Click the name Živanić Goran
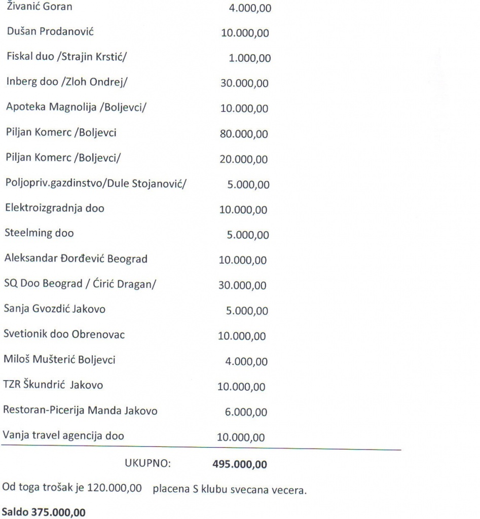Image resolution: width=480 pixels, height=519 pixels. [39, 8]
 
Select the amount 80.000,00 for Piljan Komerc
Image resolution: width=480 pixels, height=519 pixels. [244, 134]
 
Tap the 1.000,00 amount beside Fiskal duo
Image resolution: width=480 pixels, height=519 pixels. [249, 58]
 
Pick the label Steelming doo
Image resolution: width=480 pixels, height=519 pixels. [40, 233]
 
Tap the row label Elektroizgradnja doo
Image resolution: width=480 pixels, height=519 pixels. [54, 208]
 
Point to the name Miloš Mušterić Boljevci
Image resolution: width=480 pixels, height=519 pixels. [59, 360]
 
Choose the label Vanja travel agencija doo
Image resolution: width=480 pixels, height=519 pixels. [63, 435]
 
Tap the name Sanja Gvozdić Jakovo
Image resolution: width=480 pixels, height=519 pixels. [55, 309]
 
